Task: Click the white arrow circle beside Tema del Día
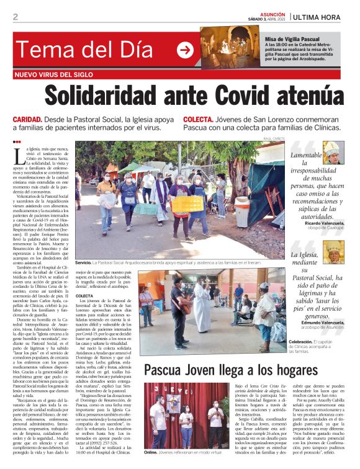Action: point(185,50)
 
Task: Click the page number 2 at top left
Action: point(16,17)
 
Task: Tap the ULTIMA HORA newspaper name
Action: point(322,17)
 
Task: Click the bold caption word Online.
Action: point(150,453)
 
